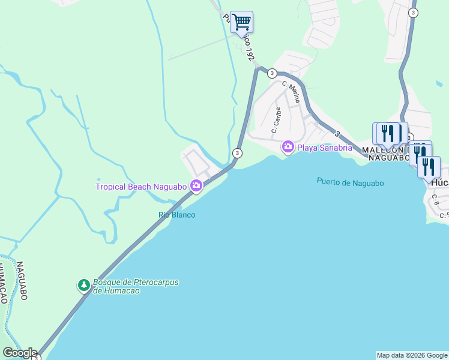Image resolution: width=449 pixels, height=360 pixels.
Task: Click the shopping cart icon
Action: (x=241, y=23)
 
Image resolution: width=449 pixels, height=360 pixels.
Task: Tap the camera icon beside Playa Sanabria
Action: (x=288, y=147)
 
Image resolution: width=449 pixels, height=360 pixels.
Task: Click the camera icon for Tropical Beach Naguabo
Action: (x=196, y=186)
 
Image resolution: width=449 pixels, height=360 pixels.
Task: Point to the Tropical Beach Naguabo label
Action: (x=142, y=187)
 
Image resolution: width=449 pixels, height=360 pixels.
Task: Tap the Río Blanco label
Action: (x=176, y=215)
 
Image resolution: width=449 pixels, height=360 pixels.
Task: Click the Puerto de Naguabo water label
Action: (x=350, y=183)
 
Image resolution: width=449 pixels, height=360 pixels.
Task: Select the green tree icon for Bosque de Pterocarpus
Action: (x=84, y=285)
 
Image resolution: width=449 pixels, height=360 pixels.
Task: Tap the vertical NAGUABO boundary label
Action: (x=22, y=281)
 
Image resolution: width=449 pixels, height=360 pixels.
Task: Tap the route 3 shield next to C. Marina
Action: (x=272, y=73)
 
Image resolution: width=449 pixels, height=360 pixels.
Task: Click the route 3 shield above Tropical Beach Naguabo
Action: (x=238, y=153)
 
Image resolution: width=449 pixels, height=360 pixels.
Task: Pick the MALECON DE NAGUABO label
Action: (x=385, y=152)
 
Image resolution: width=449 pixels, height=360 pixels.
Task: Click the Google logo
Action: (x=20, y=353)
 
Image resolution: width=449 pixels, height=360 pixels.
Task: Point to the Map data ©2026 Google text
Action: (x=411, y=355)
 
